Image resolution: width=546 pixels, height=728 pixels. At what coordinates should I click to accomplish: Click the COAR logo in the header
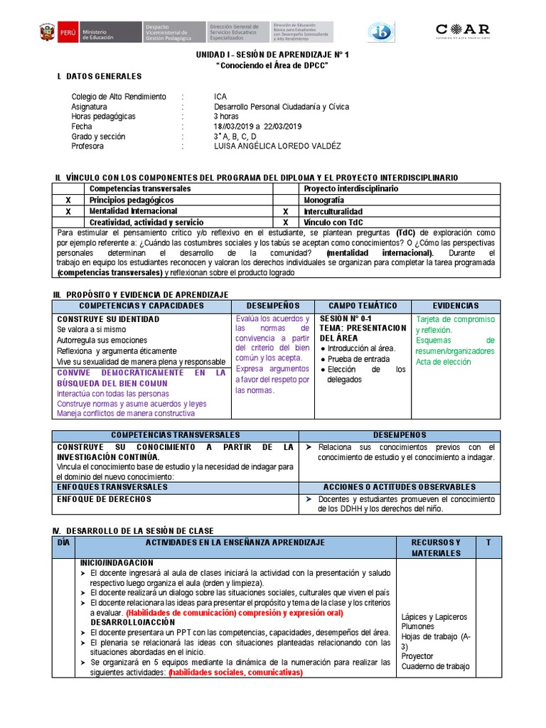(x=462, y=31)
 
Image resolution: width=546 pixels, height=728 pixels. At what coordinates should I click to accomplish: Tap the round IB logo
(x=381, y=32)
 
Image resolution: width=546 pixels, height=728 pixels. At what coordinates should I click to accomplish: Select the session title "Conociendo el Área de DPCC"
(x=272, y=65)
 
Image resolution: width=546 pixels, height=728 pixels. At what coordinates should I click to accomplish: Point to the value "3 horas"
(x=226, y=117)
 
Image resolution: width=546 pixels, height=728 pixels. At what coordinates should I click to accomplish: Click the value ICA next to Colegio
(x=220, y=97)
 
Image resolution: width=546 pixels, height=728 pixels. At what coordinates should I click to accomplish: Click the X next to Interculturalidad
(x=285, y=212)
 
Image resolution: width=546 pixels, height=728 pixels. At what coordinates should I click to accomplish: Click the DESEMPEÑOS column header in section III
(x=273, y=306)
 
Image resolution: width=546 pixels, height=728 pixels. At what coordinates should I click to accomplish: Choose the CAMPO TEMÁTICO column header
(x=363, y=306)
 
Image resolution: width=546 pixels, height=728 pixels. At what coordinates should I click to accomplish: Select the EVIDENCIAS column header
(x=455, y=306)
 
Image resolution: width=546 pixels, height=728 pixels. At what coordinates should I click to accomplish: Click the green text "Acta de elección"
(x=443, y=362)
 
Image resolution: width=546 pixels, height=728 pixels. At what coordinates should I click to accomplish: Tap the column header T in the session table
(x=488, y=542)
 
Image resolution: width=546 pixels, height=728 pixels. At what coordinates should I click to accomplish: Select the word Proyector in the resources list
(x=417, y=656)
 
